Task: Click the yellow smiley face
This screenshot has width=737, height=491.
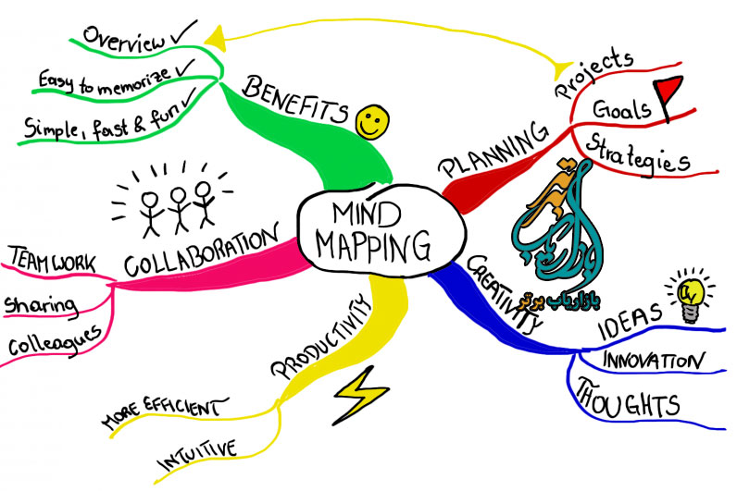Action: (371, 119)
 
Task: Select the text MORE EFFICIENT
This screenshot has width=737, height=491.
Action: (162, 412)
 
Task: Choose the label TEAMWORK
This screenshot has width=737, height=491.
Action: (51, 260)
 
